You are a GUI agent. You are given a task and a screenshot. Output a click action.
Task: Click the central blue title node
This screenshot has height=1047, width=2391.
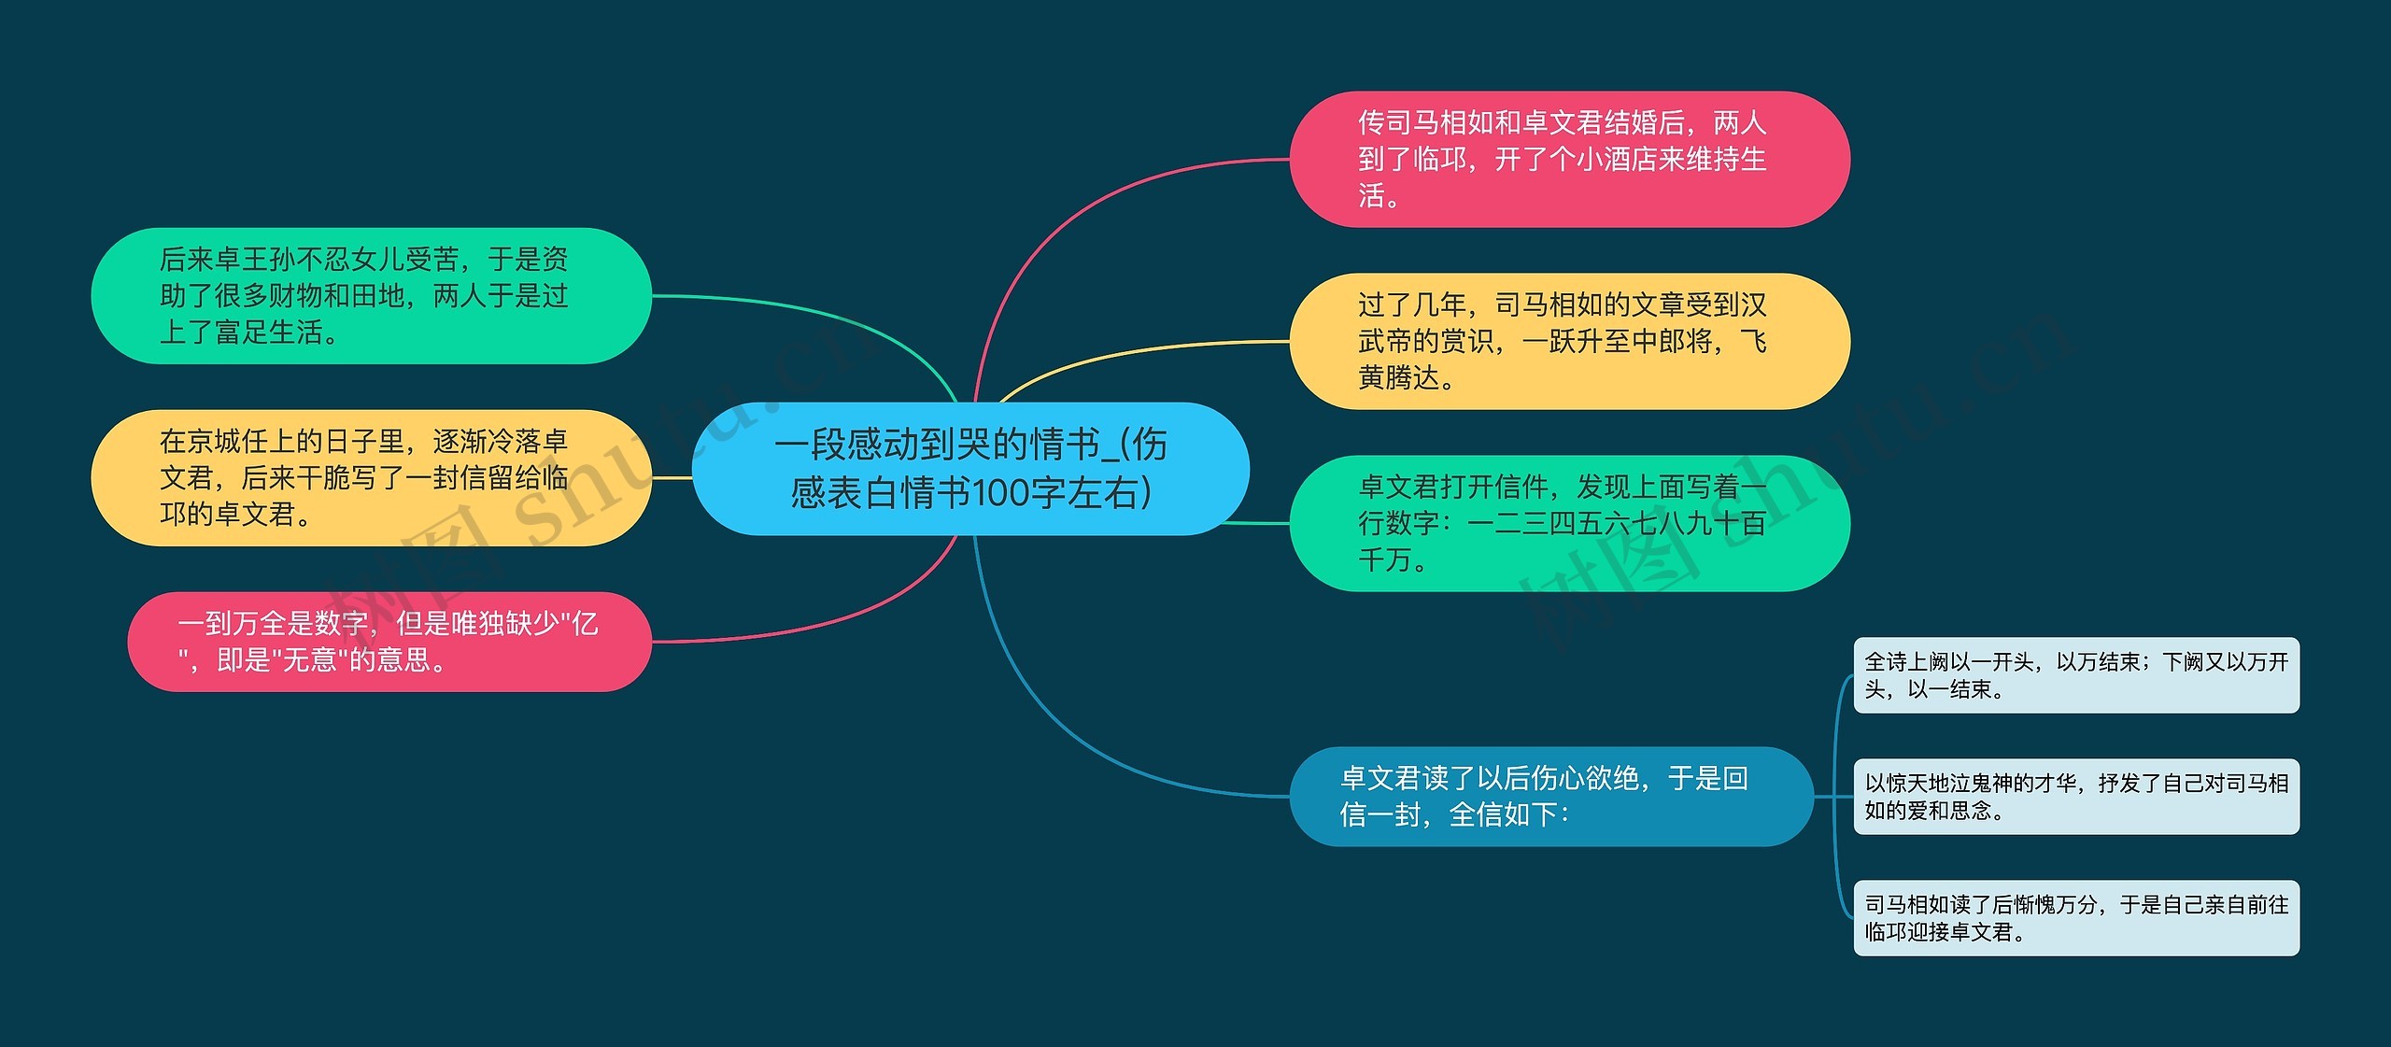[970, 468]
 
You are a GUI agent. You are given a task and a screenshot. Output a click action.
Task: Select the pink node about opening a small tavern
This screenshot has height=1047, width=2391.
[1569, 159]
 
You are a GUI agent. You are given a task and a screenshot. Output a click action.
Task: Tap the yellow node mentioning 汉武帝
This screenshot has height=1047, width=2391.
[1569, 341]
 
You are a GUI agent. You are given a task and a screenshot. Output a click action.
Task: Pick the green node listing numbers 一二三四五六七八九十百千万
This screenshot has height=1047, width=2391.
[1569, 523]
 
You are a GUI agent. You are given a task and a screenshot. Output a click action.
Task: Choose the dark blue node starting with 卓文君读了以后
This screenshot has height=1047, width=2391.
[1550, 796]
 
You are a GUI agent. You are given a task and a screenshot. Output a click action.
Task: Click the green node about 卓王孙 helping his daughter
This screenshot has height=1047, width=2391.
[371, 295]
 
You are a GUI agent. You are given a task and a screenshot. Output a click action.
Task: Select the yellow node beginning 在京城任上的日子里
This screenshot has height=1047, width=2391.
[371, 477]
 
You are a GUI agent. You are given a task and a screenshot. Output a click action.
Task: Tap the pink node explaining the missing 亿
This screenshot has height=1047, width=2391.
[389, 642]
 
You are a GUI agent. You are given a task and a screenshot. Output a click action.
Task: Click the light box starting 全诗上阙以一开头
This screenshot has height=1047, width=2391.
[2075, 675]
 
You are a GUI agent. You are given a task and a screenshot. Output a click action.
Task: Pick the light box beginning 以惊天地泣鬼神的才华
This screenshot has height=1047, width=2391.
[2075, 797]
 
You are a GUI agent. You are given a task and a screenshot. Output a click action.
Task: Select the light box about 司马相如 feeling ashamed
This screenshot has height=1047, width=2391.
[2075, 918]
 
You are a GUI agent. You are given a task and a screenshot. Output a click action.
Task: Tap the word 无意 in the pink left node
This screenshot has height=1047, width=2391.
[309, 660]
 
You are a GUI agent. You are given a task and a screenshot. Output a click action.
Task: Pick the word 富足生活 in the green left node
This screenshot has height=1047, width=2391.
[267, 332]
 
